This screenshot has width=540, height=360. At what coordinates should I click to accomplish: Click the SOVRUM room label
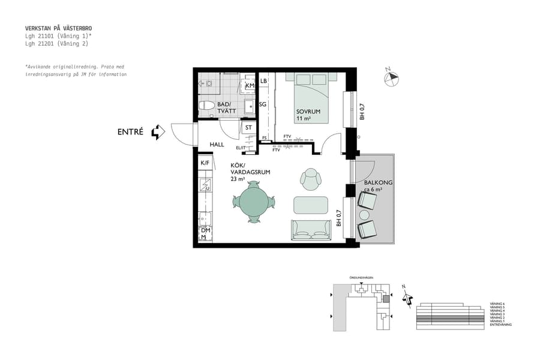(x=308, y=112)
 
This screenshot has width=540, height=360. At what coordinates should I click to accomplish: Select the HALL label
(x=217, y=145)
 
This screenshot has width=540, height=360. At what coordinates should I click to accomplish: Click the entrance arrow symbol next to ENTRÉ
(x=158, y=132)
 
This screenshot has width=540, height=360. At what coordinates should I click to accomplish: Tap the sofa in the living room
(x=311, y=230)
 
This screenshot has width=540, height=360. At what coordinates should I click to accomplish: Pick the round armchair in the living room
(x=311, y=178)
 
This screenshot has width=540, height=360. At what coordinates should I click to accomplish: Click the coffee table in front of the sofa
(x=311, y=205)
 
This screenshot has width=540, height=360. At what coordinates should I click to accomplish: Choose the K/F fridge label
(x=205, y=163)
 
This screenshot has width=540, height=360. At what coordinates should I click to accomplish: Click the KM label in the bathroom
(x=250, y=86)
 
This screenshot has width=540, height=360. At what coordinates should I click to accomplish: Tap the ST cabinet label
(x=248, y=128)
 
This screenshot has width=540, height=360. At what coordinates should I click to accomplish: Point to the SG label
(x=263, y=104)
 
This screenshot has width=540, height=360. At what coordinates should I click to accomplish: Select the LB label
(x=263, y=81)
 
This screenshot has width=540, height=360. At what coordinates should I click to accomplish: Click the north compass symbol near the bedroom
(x=391, y=77)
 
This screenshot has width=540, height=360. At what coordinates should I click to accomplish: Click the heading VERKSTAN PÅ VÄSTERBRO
(x=59, y=28)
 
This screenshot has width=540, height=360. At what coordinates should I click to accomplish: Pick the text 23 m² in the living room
(x=238, y=179)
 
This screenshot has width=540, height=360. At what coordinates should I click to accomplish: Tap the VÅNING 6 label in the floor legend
(x=497, y=304)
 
